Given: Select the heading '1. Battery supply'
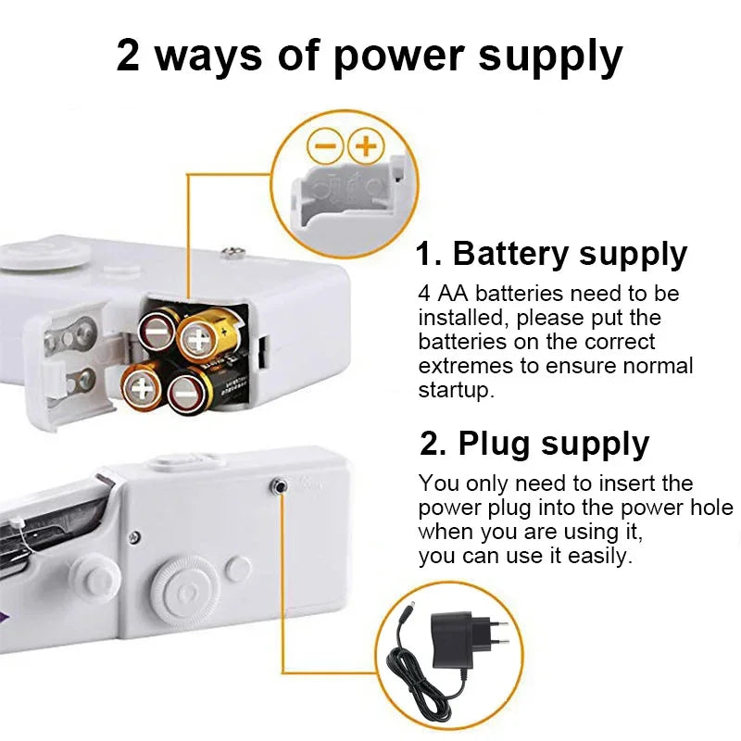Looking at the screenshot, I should click(x=551, y=253).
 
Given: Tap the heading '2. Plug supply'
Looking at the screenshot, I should click(x=534, y=444).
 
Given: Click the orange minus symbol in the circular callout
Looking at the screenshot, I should click(x=325, y=145).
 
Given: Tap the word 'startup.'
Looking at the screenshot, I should click(x=457, y=389).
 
